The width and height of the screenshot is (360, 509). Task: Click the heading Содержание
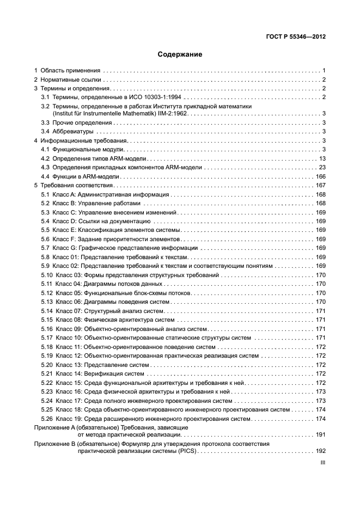point(180,54)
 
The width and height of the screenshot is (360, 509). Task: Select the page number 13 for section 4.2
point(322,158)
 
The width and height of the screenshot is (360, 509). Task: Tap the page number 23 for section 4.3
point(322,168)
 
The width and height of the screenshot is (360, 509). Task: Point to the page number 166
point(320,176)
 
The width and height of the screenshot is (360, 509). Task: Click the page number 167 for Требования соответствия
point(320,186)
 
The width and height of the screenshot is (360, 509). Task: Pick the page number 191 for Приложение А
point(320,434)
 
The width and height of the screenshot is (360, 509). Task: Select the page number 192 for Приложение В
point(320,451)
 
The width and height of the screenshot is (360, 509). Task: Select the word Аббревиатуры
point(73,132)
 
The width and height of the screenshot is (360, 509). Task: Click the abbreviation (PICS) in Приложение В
point(187,451)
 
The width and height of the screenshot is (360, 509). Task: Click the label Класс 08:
point(68,320)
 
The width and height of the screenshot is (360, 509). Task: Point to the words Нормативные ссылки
point(73,80)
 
